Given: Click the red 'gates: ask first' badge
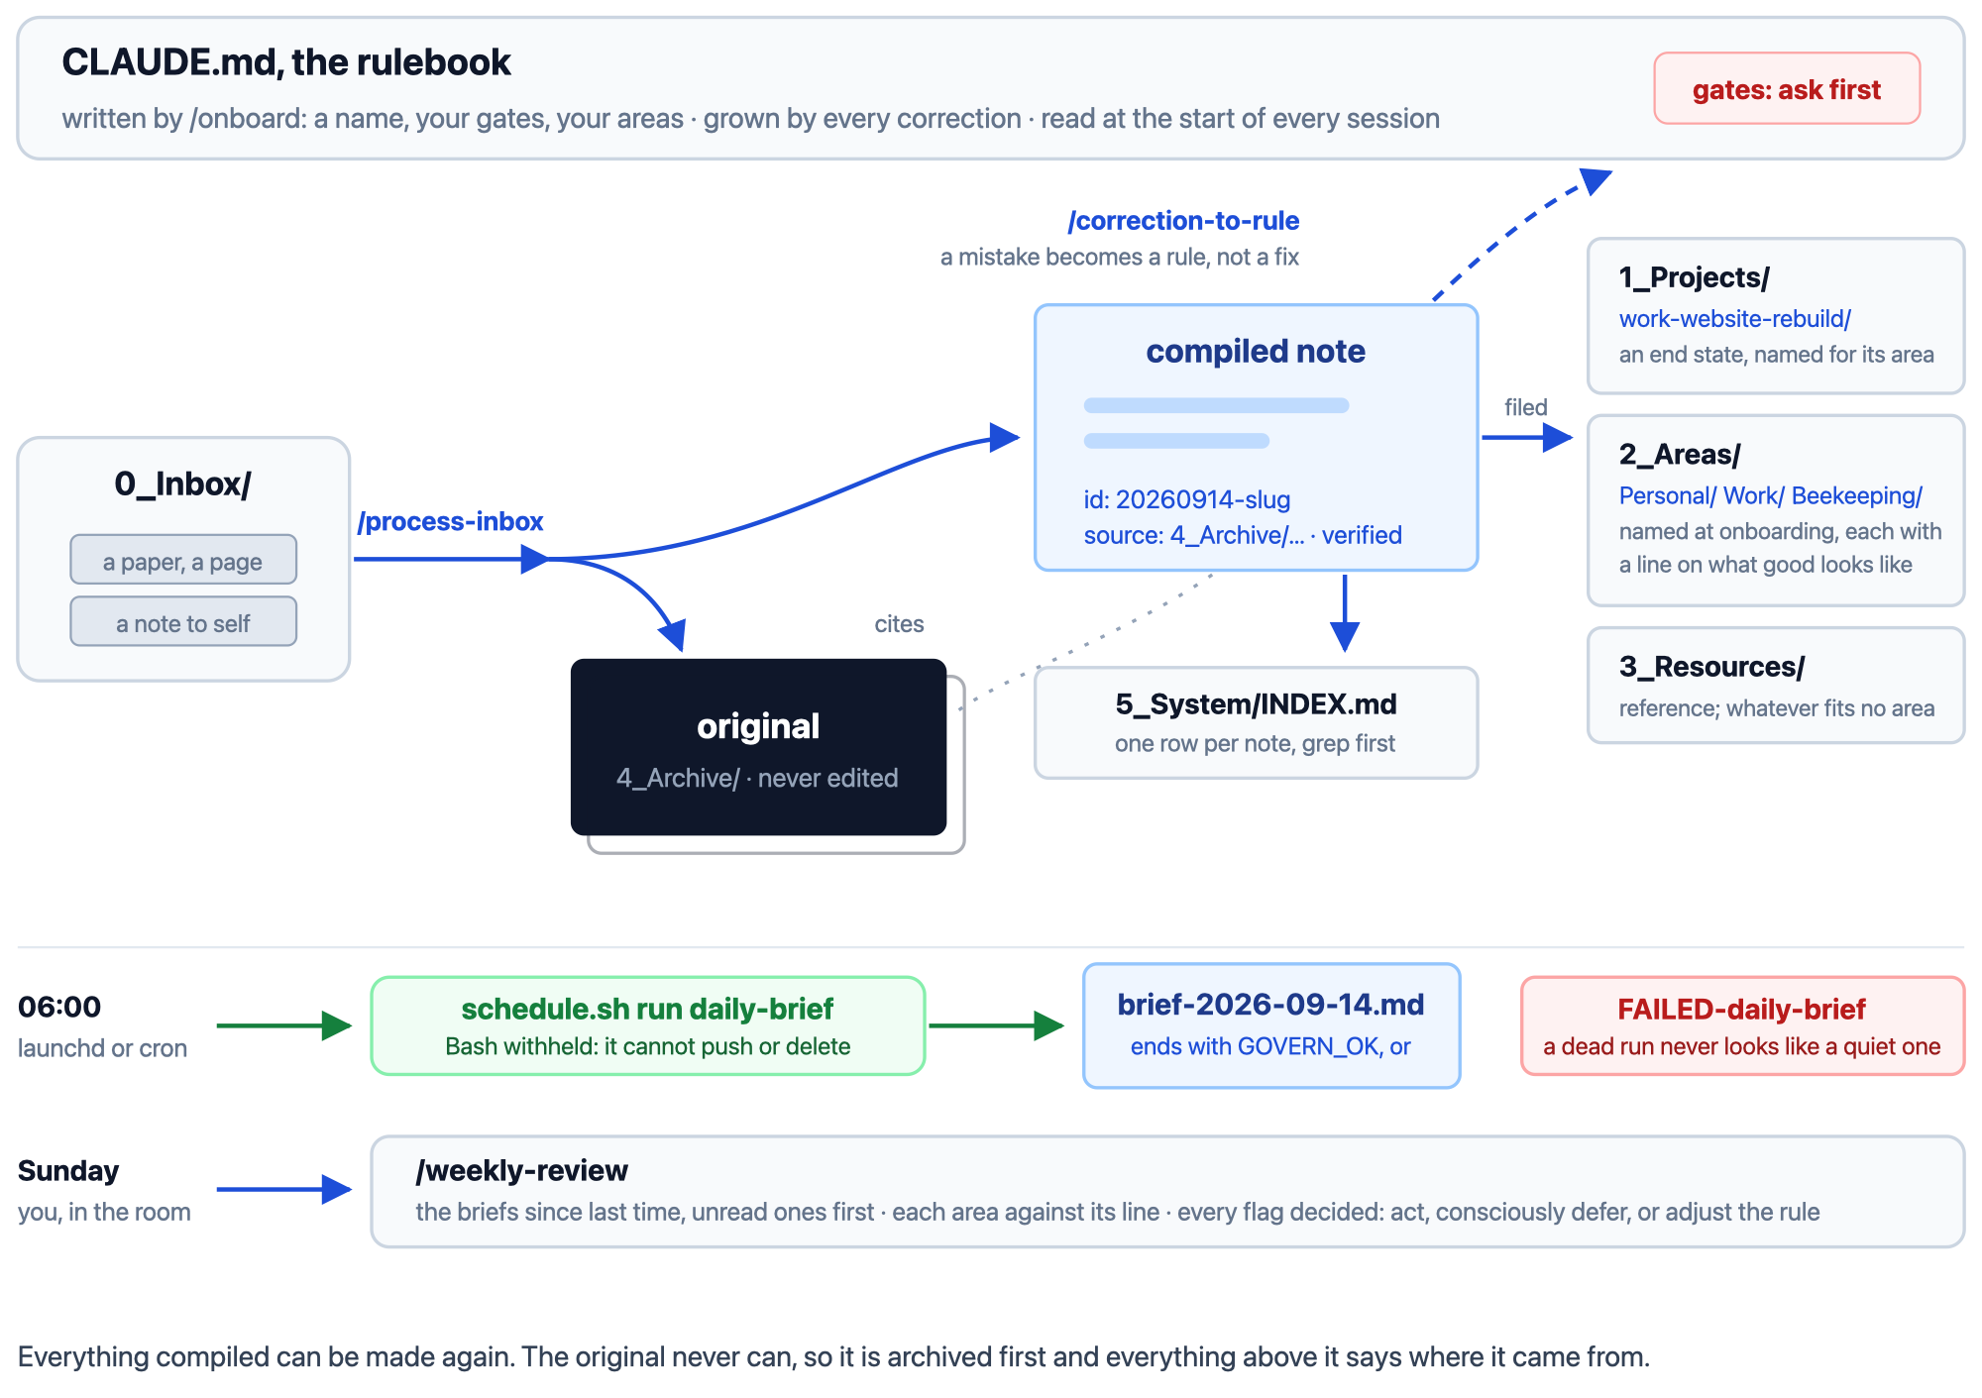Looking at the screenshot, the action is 1787,89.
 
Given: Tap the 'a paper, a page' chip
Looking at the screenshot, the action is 183,561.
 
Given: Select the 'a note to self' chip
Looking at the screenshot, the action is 183,622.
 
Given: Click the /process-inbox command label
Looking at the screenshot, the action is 450,521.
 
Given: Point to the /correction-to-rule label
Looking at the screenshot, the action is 1183,220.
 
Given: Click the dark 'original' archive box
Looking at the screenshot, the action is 758,747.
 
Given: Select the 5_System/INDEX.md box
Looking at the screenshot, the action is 1256,722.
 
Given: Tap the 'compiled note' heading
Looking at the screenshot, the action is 1256,351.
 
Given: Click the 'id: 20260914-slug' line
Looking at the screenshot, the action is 1186,499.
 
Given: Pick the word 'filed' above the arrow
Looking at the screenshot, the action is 1525,407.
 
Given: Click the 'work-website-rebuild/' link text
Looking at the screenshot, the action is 1734,319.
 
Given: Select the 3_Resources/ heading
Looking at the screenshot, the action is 1711,667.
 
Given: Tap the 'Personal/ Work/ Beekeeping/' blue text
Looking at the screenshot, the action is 1770,495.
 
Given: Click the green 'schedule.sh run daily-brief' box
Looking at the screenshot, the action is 648,1025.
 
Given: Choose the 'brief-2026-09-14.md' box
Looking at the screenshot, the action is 1271,1025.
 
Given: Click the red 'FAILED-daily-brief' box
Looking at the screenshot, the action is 1742,1025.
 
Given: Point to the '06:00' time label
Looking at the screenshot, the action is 59,1007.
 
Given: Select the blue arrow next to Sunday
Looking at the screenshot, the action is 284,1189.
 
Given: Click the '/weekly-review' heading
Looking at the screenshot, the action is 521,1170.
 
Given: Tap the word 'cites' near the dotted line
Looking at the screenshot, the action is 899,623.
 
